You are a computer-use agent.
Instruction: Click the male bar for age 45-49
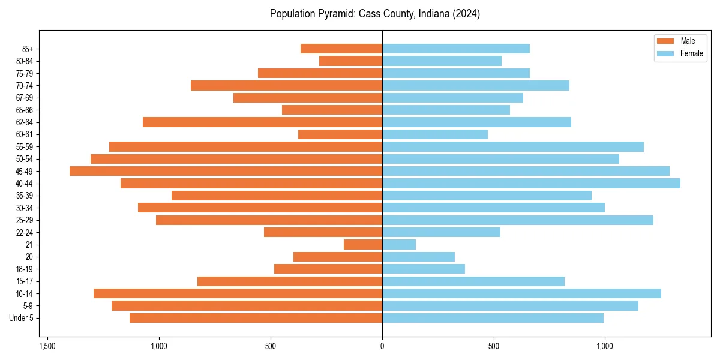tap(226, 171)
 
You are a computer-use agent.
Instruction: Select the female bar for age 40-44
tap(531, 183)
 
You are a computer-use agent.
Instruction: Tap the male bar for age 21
tap(363, 245)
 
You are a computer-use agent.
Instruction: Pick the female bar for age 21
tap(399, 245)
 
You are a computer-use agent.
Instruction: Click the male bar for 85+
tap(341, 49)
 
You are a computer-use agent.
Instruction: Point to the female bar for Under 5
tap(493, 318)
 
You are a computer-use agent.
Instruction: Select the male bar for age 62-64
tap(262, 122)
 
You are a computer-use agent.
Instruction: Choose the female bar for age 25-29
tap(517, 220)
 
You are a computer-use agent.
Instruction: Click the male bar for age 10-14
tap(238, 293)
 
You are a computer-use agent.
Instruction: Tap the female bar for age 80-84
tap(442, 61)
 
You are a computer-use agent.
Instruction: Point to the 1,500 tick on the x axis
tap(47, 346)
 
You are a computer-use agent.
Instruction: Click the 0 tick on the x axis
tap(382, 346)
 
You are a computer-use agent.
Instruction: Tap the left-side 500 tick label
tap(271, 346)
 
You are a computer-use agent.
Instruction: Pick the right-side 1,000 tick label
tap(605, 346)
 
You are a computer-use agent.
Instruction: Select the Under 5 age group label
tap(22, 318)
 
